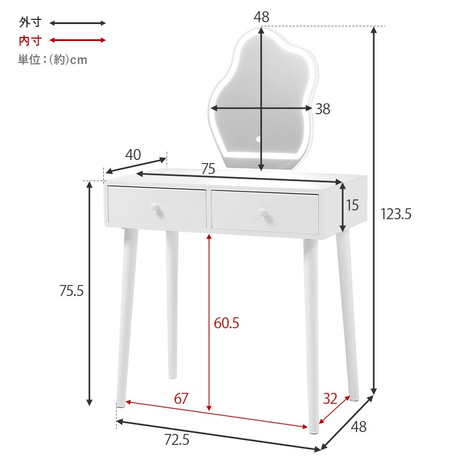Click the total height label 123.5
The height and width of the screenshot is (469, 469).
396,214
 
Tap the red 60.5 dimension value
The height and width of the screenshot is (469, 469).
226,323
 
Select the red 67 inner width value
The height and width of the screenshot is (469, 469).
181,399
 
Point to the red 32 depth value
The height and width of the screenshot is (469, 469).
330,399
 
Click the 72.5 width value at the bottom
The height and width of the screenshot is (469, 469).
177,440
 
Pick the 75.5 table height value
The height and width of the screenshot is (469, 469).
71,290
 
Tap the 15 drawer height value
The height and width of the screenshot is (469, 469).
352,205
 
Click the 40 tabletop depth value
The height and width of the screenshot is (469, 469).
133,155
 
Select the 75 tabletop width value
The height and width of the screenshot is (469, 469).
208,169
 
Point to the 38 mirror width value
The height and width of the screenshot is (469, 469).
323,109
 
